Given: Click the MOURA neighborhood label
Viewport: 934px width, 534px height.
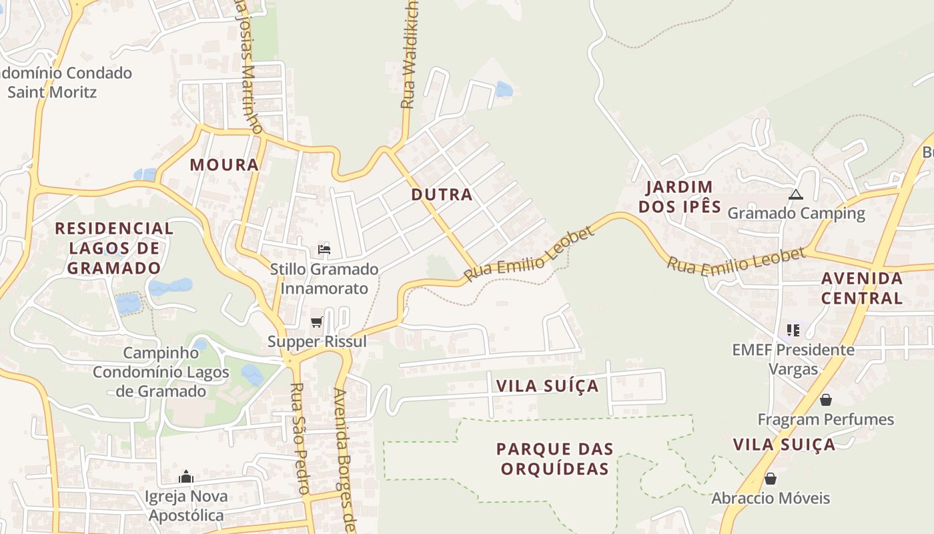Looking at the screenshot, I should (224, 165).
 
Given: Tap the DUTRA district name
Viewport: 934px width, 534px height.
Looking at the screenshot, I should (442, 195).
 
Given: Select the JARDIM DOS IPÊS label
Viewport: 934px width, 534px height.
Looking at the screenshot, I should (680, 197).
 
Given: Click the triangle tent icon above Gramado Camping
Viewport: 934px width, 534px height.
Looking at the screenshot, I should (795, 195).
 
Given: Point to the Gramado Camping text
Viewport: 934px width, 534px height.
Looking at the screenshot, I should (796, 214).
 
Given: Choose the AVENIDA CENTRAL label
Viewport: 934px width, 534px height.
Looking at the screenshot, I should (862, 288).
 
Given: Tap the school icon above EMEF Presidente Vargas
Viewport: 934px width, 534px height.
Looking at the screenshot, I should (793, 330).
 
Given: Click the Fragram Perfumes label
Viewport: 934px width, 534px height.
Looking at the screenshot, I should (825, 419).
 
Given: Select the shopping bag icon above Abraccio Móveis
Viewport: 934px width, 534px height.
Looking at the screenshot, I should (771, 479).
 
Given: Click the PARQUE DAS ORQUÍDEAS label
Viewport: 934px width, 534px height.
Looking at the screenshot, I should (554, 459).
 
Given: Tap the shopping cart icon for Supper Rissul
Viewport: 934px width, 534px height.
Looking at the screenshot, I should (317, 322).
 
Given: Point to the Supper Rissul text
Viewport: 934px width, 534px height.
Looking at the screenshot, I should (317, 342).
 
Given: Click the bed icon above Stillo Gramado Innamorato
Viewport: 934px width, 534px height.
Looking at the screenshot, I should (324, 250).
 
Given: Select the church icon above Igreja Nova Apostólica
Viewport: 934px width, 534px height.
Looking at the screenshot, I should (186, 477).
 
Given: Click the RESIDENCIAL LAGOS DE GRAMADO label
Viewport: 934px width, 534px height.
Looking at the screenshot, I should (114, 248).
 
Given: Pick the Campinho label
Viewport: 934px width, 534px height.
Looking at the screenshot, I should (161, 353).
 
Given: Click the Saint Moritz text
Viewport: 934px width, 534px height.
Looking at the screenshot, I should (52, 91).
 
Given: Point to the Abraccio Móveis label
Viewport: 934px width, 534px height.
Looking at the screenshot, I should (771, 498).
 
